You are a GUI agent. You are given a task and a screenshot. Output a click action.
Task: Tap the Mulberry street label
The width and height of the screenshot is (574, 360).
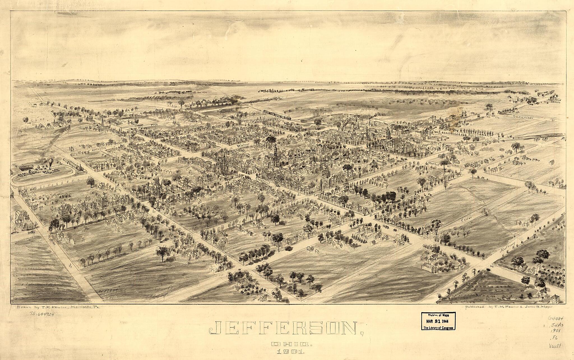[x=508, y=247]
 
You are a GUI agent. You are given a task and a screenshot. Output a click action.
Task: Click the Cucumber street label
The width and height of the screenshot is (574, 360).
[x=523, y=117]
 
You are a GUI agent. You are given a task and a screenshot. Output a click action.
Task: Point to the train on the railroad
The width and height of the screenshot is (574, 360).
[x=277, y=114]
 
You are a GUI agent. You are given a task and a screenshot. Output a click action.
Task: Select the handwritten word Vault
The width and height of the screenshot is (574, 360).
[x=555, y=346]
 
